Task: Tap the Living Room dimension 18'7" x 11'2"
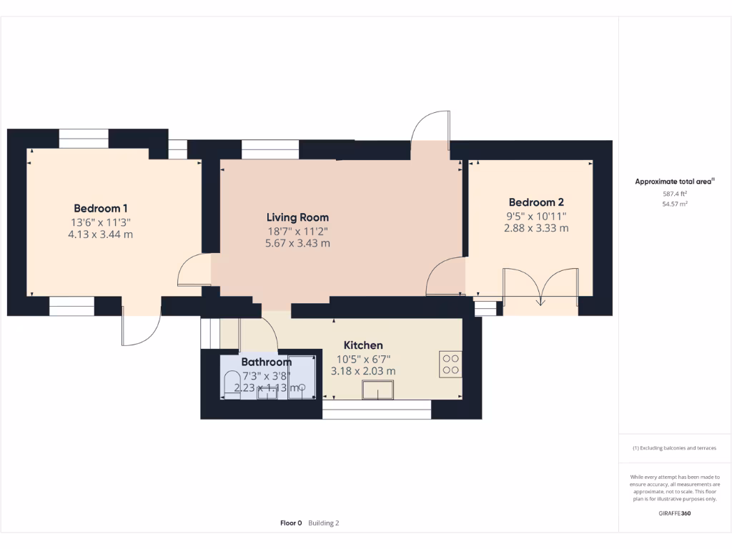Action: point(297,231)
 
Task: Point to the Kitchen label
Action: point(363,345)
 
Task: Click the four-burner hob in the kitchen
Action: point(450,365)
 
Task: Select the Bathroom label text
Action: point(266,362)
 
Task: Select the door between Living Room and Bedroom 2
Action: point(445,276)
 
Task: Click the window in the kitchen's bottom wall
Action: point(377,409)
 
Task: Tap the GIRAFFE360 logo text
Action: point(675,513)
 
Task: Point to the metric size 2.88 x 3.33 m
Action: point(536,228)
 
